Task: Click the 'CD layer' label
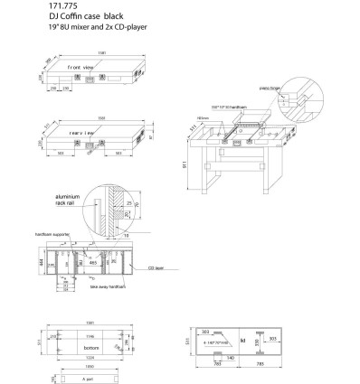[x=156, y=268]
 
